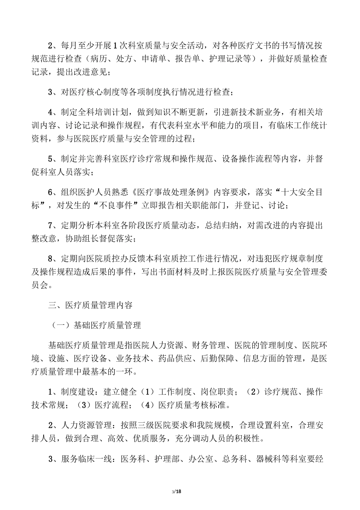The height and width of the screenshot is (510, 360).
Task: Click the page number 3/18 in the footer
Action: pos(177,492)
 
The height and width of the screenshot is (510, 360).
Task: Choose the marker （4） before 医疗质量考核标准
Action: pos(146,405)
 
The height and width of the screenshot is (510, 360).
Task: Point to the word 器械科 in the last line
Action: pos(269,459)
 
